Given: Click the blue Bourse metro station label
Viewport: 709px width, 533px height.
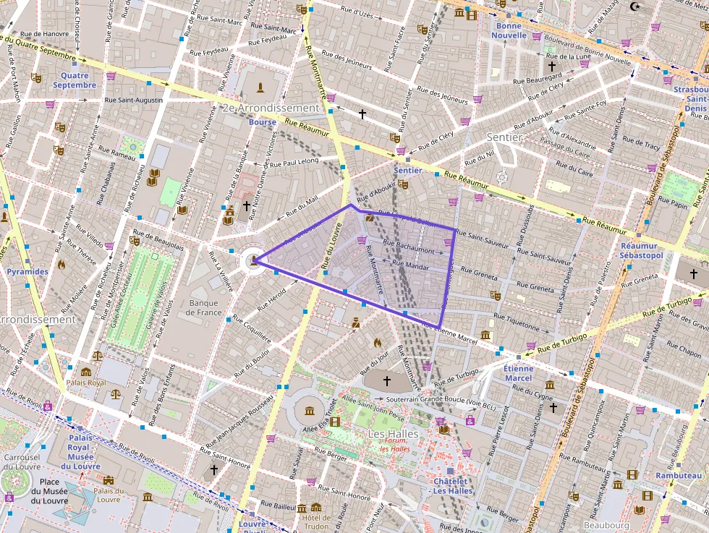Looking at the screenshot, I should pyautogui.click(x=262, y=122).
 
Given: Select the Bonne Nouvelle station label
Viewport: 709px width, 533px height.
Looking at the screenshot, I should pyautogui.click(x=509, y=30).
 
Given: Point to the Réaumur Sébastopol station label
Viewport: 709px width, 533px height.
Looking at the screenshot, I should pyautogui.click(x=642, y=251).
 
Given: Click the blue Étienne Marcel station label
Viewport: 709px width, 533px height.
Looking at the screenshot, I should pyautogui.click(x=518, y=373).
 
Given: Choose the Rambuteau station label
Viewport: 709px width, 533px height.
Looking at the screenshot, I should pyautogui.click(x=679, y=475).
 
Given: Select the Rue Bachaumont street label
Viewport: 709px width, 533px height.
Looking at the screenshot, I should pyautogui.click(x=409, y=250).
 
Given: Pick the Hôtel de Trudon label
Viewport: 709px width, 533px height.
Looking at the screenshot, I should pyautogui.click(x=316, y=521).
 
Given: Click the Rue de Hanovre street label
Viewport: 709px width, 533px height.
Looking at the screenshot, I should pyautogui.click(x=44, y=33).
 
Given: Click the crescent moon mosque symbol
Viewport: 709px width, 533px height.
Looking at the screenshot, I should pyautogui.click(x=636, y=7).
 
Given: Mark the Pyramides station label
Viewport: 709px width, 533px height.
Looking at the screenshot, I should pyautogui.click(x=27, y=272).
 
